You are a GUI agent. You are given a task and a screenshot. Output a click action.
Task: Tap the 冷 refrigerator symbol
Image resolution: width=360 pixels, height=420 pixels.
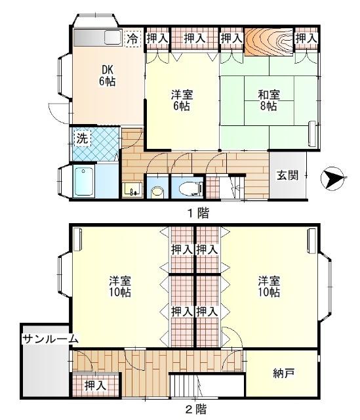point(132,39)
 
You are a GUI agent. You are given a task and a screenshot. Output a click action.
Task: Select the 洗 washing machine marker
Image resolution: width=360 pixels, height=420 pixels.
point(81,138)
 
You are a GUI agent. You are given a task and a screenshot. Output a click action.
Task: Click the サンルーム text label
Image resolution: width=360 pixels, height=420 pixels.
point(50,339)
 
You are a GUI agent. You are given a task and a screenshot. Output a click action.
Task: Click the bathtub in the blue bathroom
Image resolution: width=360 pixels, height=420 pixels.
point(85,180)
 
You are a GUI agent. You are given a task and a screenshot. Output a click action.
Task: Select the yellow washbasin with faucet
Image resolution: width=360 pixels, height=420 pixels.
point(131,190)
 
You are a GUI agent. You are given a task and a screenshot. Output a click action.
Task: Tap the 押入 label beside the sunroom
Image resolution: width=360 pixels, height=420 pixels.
point(96,386)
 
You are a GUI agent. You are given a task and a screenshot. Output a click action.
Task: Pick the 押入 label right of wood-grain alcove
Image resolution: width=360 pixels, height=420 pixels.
point(306,39)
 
